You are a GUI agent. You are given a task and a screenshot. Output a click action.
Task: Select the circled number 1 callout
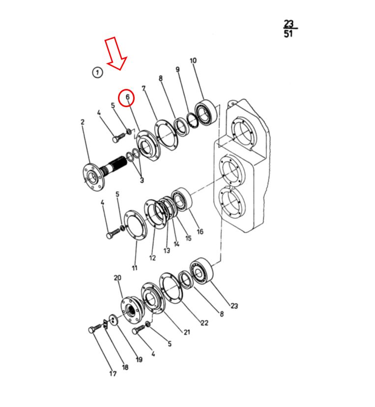point(98,72)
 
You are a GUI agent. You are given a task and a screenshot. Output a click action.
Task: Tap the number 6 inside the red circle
point(127,97)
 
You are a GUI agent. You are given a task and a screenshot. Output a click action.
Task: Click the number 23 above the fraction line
point(288,24)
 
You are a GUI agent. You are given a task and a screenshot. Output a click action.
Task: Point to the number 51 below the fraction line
point(288,34)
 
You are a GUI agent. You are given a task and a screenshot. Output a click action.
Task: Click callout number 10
point(193,60)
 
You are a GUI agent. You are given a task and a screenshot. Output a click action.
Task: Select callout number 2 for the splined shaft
point(83,122)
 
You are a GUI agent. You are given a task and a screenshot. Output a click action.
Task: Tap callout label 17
point(113,374)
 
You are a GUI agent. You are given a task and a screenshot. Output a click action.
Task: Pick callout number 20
point(117,278)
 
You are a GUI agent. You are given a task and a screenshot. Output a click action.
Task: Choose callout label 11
point(135,268)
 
